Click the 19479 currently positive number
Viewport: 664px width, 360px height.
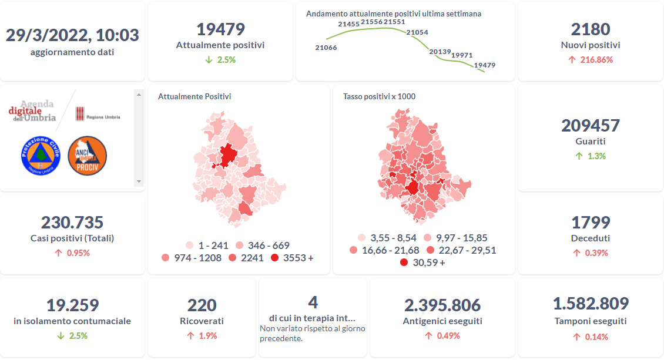(220, 29)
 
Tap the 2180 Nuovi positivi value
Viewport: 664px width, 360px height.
(590, 29)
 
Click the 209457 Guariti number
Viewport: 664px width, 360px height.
(590, 126)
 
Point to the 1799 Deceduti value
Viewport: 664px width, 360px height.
(590, 223)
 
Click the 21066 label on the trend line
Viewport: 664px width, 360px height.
(326, 48)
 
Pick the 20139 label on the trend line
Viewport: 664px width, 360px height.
(440, 52)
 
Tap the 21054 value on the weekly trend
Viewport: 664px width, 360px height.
(417, 32)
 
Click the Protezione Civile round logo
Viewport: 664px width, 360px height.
(41, 156)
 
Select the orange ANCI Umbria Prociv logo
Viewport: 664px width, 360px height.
(88, 156)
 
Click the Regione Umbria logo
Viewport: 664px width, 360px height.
(98, 115)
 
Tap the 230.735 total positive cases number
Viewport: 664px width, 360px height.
(72, 223)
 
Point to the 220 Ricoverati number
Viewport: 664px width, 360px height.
(202, 305)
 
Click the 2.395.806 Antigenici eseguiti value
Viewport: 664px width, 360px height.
(442, 305)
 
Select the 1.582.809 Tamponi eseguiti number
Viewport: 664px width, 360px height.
(590, 304)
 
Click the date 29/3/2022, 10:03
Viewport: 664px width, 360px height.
(72, 35)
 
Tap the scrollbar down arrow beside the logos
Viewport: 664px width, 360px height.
(139, 181)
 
